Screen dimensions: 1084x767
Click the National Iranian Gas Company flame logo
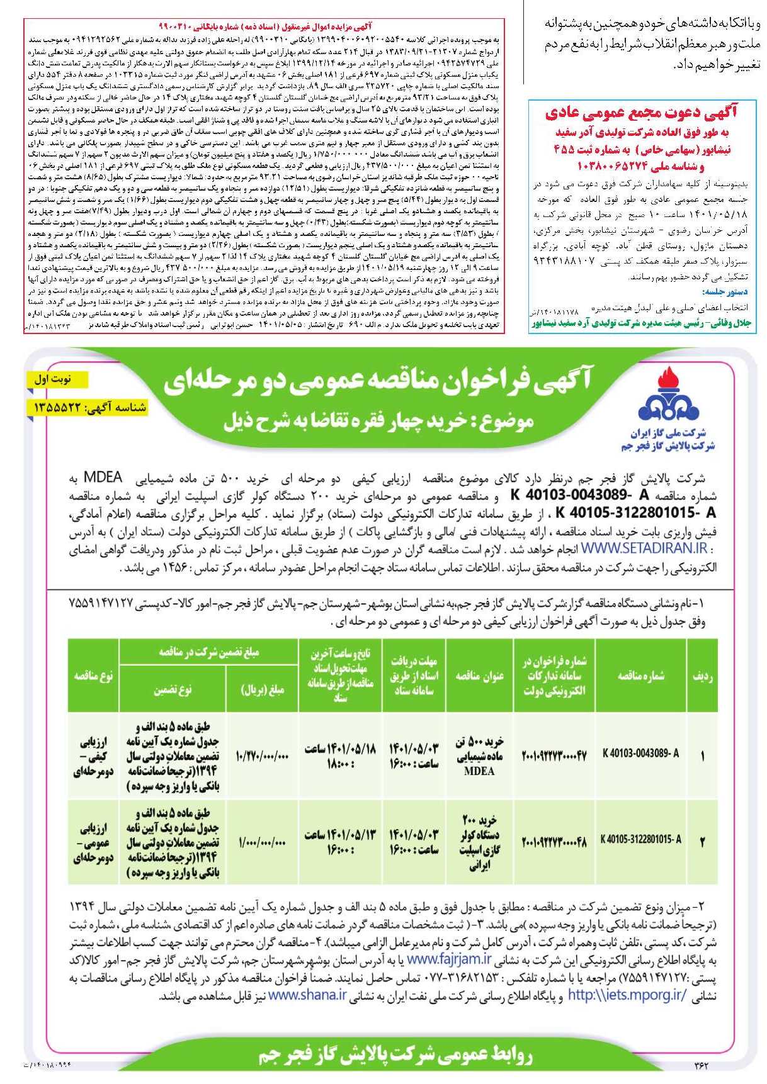[x=668, y=396]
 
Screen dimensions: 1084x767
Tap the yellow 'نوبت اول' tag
[x=59, y=379]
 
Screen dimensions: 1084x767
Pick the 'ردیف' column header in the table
[x=702, y=676]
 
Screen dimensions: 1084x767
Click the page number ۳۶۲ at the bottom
[x=701, y=1065]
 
